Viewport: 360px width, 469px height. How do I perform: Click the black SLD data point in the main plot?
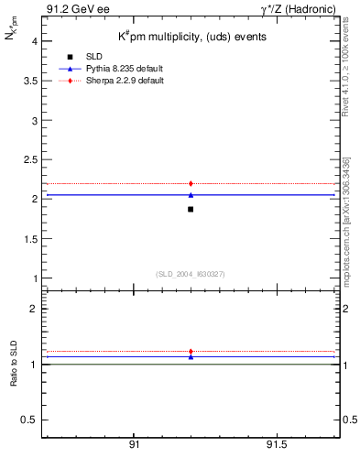[191, 210]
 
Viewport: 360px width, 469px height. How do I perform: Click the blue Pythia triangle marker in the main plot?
[191, 194]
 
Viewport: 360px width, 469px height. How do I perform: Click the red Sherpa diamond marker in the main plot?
[191, 183]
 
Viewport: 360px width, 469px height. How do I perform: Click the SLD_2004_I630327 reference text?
[190, 274]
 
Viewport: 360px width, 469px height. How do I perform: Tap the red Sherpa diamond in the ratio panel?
[191, 351]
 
